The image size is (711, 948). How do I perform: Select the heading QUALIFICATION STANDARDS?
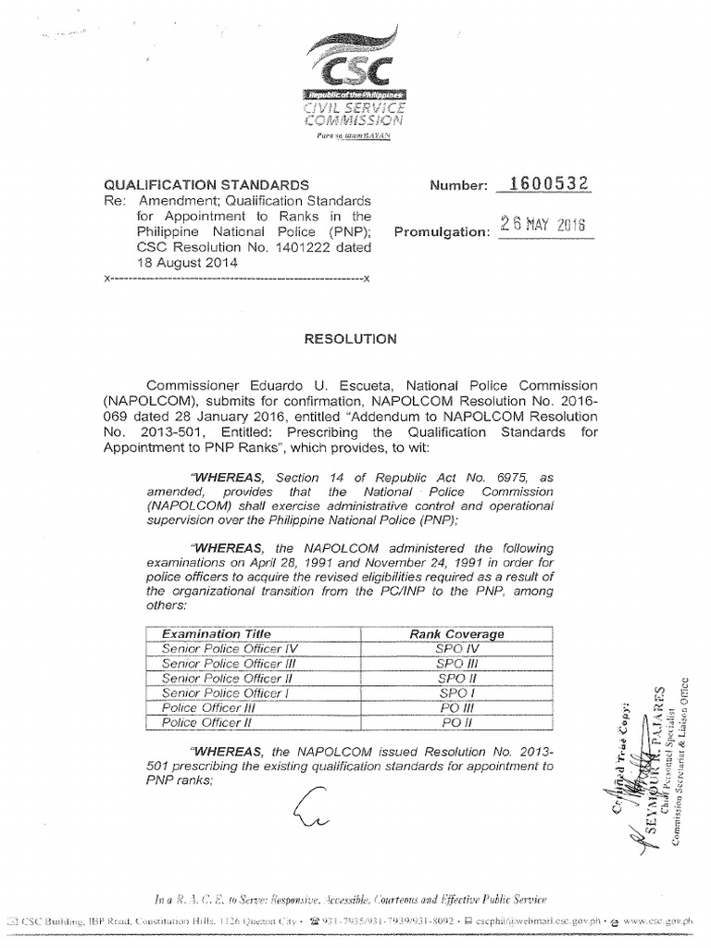click(199, 185)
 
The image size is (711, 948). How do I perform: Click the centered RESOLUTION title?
click(351, 340)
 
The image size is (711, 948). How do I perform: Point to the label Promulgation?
click(441, 232)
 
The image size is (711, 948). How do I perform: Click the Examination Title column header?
click(217, 634)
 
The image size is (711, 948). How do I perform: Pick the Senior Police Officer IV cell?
click(220, 649)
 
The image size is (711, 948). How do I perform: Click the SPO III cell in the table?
click(456, 664)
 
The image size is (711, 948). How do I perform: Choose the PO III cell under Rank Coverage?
click(456, 707)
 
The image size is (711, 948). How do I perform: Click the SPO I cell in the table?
click(456, 692)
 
